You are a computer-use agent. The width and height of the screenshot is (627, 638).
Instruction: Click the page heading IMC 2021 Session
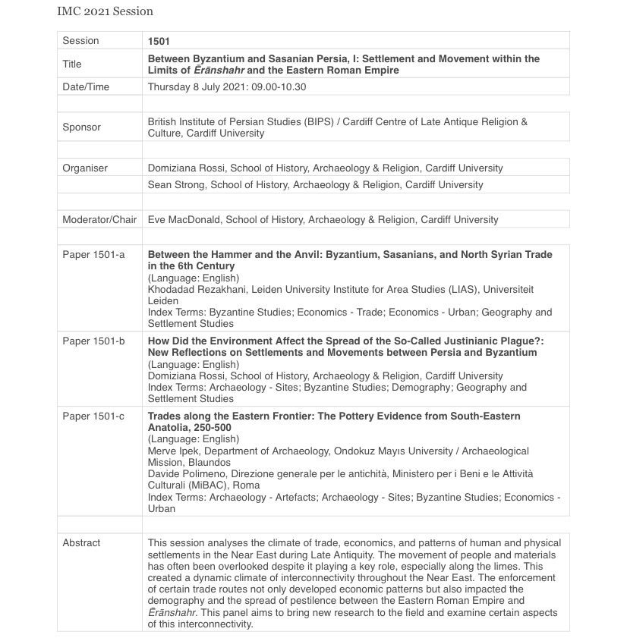105,11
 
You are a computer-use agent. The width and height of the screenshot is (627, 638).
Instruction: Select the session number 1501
158,40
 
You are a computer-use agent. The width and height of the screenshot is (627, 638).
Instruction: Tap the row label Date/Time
86,86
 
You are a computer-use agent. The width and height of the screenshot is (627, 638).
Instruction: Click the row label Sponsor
81,127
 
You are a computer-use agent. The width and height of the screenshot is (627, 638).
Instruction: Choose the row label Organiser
85,168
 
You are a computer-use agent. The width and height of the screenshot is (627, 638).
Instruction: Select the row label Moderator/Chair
99,219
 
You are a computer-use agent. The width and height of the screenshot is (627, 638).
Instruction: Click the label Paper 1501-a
93,254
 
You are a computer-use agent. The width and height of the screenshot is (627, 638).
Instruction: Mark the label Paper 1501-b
93,341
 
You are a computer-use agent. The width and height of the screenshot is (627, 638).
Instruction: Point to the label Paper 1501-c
93,416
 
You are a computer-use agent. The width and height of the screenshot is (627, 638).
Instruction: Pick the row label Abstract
81,542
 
